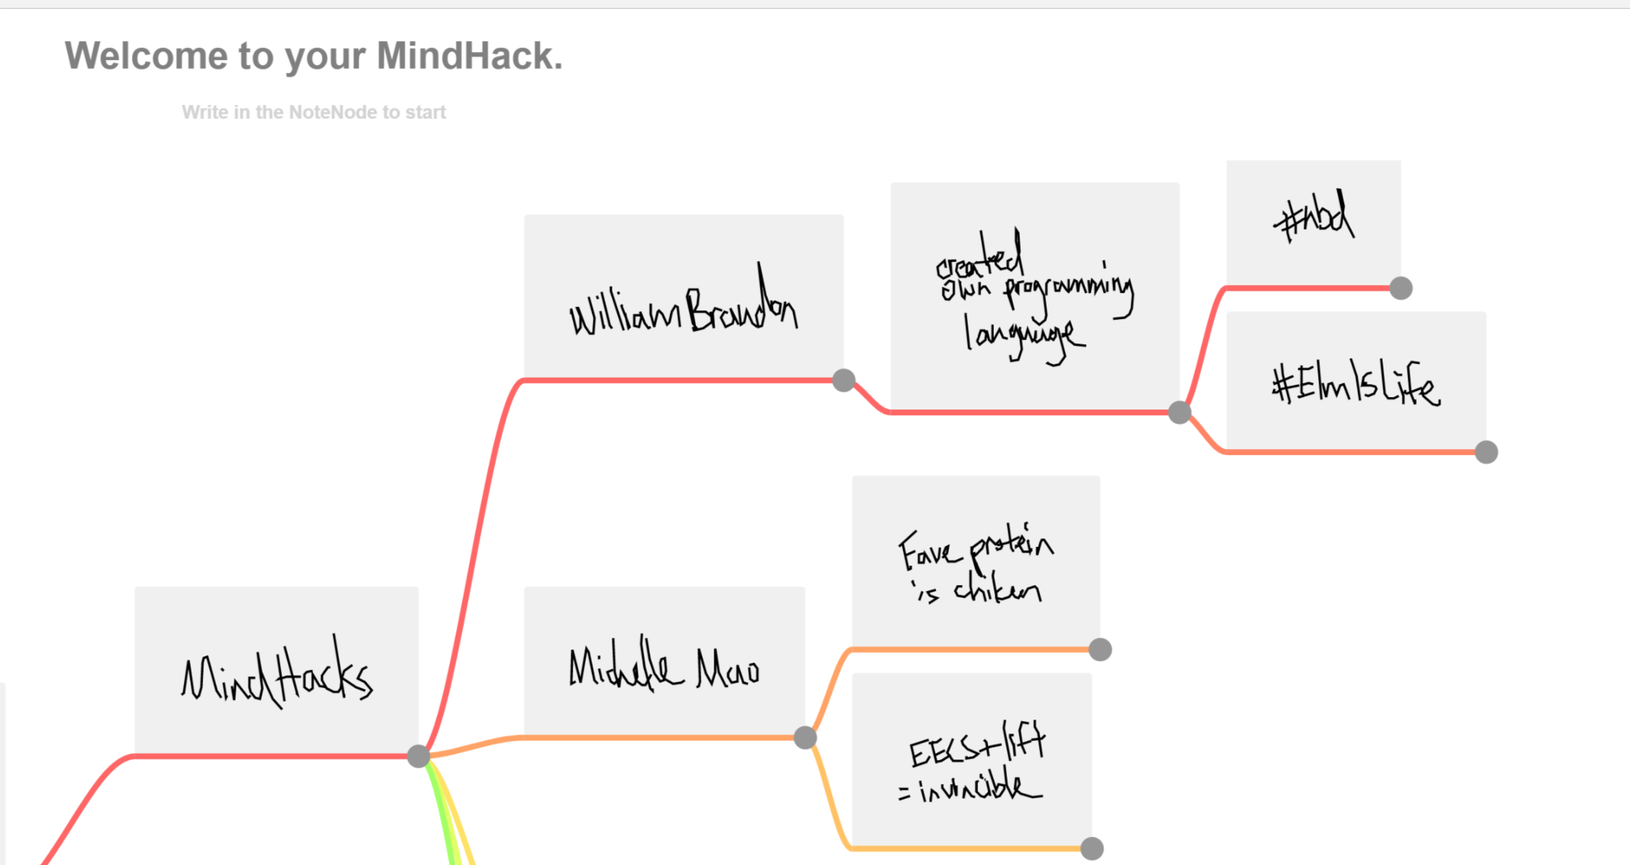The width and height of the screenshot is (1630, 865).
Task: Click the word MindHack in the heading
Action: click(x=469, y=56)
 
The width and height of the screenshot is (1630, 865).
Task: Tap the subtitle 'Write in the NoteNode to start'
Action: click(x=314, y=112)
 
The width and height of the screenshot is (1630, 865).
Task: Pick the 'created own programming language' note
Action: click(x=1034, y=297)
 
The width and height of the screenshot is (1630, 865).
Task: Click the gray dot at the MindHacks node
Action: click(x=419, y=757)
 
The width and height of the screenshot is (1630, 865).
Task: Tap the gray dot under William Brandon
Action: click(x=844, y=380)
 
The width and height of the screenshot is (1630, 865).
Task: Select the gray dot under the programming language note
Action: click(x=1180, y=412)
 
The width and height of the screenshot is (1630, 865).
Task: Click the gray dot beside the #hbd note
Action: click(x=1401, y=288)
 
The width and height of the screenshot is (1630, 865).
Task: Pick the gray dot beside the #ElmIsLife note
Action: click(x=1486, y=452)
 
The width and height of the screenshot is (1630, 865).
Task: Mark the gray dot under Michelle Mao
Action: click(x=805, y=738)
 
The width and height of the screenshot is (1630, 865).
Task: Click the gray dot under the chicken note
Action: click(x=1100, y=649)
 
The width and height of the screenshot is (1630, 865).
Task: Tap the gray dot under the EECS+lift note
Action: click(x=1092, y=848)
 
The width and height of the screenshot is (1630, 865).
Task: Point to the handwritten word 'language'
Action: click(x=1024, y=336)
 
